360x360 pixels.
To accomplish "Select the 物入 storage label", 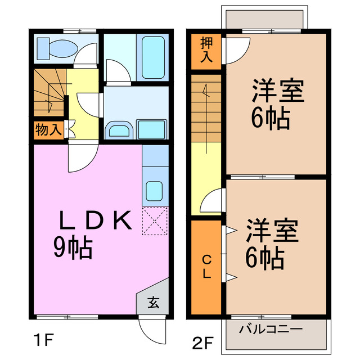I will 48,130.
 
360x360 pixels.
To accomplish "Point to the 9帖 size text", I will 73,248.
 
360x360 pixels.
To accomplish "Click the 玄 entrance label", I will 153,303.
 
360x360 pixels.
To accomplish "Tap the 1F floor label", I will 42,340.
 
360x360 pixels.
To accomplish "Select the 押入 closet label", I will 206,51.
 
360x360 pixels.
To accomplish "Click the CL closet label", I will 206,267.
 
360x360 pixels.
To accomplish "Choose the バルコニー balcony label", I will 271,329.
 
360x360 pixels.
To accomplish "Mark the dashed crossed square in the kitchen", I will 155,221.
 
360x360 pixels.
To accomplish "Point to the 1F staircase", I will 48,93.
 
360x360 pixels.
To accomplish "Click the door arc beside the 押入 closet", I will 236,51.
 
